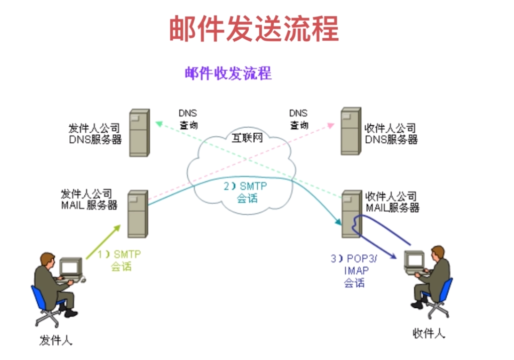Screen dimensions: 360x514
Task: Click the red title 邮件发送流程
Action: pyautogui.click(x=254, y=29)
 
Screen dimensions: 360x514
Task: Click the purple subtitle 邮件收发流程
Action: pyautogui.click(x=228, y=73)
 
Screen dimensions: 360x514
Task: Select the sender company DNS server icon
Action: pyautogui.click(x=139, y=133)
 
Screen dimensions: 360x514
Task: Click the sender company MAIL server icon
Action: pyautogui.click(x=137, y=213)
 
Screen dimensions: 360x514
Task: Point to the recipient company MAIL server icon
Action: pyautogui.click(x=352, y=214)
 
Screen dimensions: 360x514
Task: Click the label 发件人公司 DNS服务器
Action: pyautogui.click(x=95, y=133)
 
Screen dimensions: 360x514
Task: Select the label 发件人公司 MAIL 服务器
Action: pyautogui.click(x=89, y=199)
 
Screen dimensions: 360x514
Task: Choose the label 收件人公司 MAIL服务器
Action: pyautogui.click(x=392, y=201)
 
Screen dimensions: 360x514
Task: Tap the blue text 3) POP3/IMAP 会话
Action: pyautogui.click(x=354, y=271)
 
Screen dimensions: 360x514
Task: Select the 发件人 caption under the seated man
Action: pyautogui.click(x=56, y=340)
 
